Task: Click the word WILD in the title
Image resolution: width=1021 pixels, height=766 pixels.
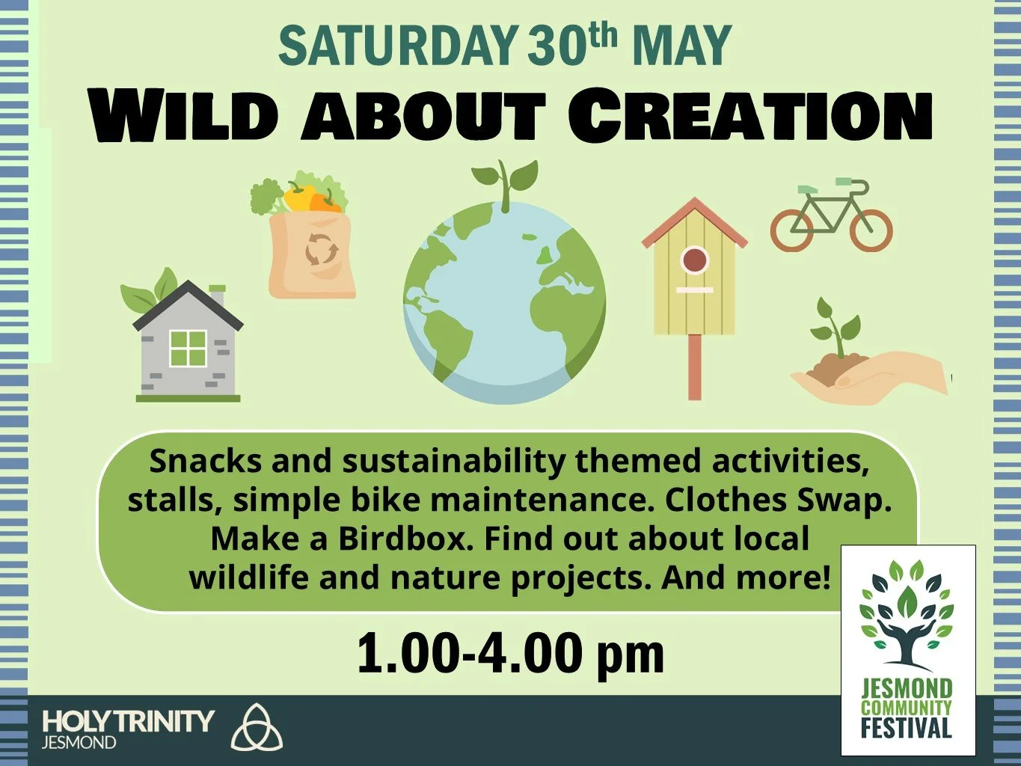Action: click(x=183, y=117)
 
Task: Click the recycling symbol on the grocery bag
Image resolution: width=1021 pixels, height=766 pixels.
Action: click(x=322, y=251)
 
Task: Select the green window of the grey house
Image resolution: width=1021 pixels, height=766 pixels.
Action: click(x=187, y=348)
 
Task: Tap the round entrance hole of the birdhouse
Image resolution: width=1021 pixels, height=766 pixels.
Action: click(x=694, y=261)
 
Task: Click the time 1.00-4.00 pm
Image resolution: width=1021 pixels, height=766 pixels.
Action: click(x=510, y=653)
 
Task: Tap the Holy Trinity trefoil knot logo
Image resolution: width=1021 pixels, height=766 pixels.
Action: click(x=257, y=726)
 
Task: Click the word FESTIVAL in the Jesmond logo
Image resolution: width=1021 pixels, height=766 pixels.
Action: click(x=906, y=728)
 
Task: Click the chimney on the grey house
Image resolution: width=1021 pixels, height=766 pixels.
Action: click(x=217, y=295)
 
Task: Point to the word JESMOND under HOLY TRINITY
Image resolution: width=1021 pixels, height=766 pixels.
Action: click(x=79, y=743)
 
